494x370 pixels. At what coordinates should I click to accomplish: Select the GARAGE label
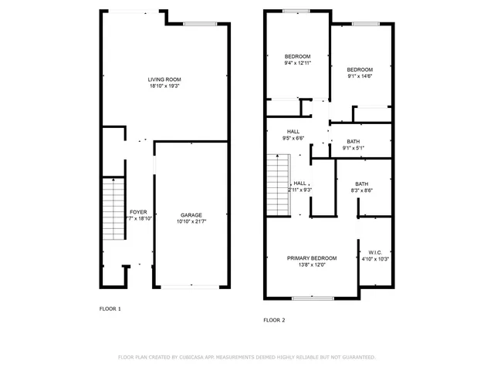[x=191, y=214]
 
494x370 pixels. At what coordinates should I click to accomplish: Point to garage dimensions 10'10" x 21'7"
[x=191, y=221]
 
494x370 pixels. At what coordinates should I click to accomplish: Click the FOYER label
[x=137, y=211]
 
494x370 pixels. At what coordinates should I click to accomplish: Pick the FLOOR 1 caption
[x=110, y=308]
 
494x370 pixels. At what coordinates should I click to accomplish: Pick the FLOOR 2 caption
[x=274, y=319]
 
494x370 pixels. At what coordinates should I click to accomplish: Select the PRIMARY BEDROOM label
[x=312, y=257]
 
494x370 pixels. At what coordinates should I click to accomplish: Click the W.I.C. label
[x=375, y=252]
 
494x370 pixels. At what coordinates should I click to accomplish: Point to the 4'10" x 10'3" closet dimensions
[x=375, y=259]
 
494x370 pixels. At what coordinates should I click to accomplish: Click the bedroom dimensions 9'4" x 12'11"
[x=297, y=63]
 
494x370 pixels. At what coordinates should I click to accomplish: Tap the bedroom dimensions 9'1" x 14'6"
[x=360, y=76]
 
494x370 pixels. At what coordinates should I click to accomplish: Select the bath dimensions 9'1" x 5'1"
[x=353, y=148]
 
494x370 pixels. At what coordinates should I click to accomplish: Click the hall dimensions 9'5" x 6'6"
[x=293, y=138]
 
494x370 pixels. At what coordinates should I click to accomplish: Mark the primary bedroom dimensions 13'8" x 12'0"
[x=312, y=264]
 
